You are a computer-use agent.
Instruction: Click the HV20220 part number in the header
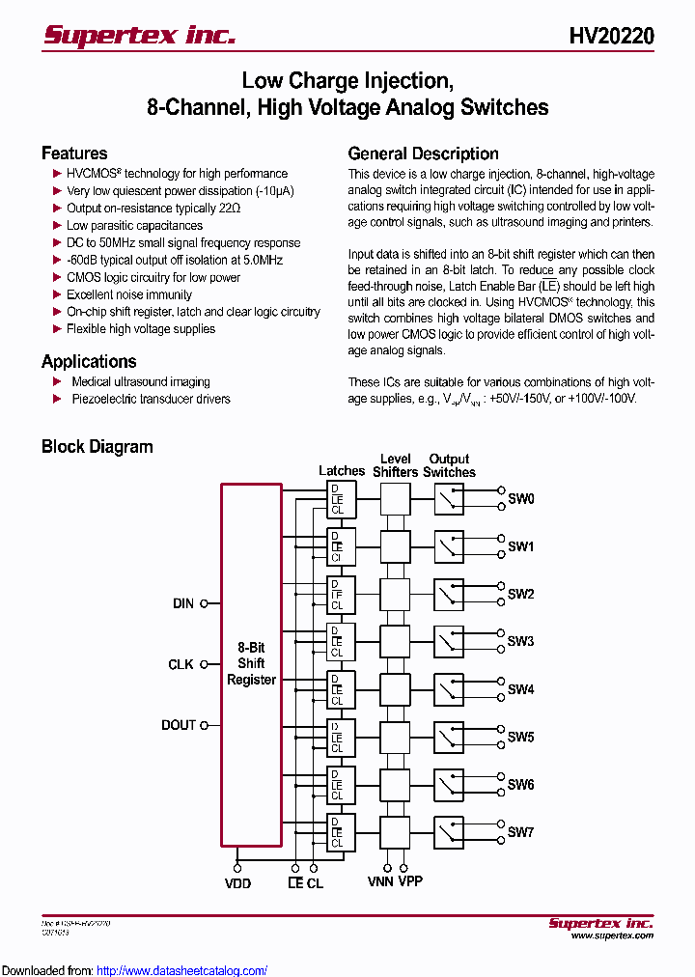click(x=611, y=36)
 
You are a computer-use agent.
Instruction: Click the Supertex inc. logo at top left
click(x=139, y=35)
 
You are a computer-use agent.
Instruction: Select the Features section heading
click(x=74, y=154)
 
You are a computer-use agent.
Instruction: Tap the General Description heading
click(x=423, y=154)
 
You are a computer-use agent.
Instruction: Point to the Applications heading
click(x=89, y=362)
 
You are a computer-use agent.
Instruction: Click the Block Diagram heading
click(x=97, y=447)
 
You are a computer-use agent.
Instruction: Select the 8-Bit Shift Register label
click(x=251, y=664)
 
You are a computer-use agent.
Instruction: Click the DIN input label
click(x=183, y=603)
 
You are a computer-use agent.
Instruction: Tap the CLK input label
click(x=181, y=664)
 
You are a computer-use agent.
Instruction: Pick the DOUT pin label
click(x=179, y=725)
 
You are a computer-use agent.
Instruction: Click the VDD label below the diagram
click(x=237, y=883)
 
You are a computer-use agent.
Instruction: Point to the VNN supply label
click(x=380, y=881)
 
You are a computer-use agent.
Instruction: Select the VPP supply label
click(x=409, y=881)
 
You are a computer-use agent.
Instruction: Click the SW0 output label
click(x=520, y=499)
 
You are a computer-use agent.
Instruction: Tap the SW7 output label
click(x=520, y=832)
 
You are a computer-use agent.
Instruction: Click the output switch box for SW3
click(x=448, y=641)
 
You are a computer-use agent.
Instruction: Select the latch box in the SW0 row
click(x=342, y=499)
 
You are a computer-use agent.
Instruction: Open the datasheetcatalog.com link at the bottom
click(x=182, y=970)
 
